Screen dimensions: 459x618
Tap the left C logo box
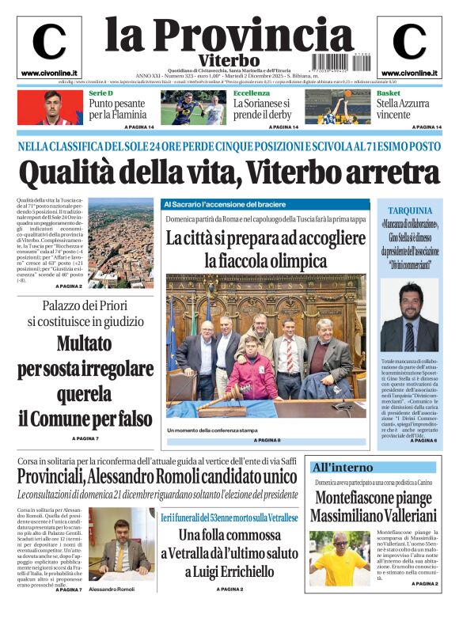click(48, 47)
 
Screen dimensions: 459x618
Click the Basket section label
click(389, 94)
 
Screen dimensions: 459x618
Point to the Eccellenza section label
click(252, 94)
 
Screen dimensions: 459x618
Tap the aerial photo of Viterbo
click(120, 241)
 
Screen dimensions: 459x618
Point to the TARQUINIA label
click(410, 210)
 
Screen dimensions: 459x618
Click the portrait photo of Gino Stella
click(409, 315)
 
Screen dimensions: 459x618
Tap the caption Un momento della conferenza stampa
click(212, 430)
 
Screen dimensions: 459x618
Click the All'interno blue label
click(342, 467)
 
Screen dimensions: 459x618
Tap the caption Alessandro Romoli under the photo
click(112, 590)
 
